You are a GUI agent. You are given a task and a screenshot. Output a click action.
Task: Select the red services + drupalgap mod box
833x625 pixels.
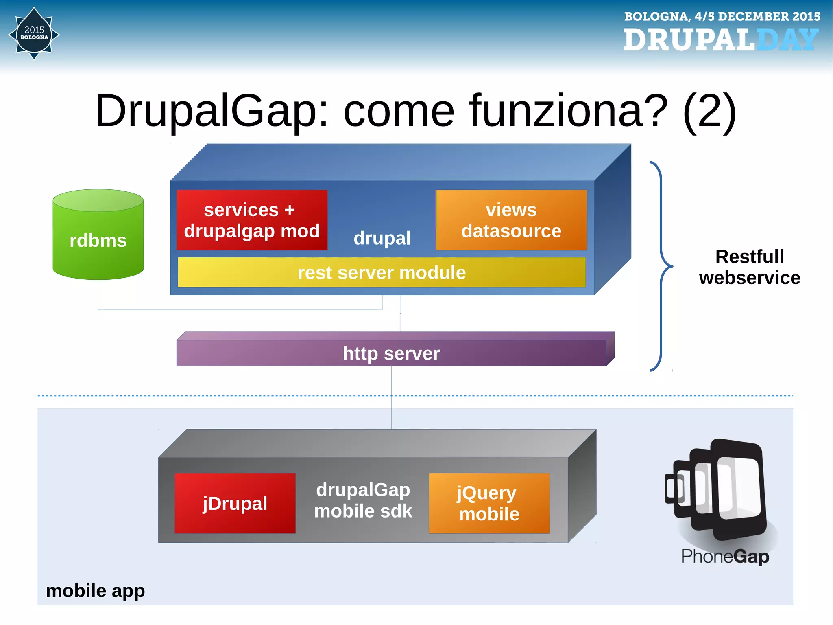pyautogui.click(x=252, y=220)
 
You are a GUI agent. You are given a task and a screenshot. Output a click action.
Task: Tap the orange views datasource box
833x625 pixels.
pyautogui.click(x=511, y=220)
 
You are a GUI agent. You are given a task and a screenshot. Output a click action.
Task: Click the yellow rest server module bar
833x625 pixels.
pyautogui.click(x=382, y=272)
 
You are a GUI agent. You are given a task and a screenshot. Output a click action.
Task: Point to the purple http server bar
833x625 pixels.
pyautogui.click(x=391, y=353)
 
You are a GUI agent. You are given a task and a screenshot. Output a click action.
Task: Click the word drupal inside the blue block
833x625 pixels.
pyautogui.click(x=382, y=238)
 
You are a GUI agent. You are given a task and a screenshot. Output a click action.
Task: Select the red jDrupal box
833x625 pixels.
pyautogui.click(x=235, y=503)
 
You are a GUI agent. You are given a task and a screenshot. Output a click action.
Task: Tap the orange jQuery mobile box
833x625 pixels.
pyautogui.click(x=489, y=503)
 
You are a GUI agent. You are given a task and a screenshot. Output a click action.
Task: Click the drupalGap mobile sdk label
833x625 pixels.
pyautogui.click(x=363, y=500)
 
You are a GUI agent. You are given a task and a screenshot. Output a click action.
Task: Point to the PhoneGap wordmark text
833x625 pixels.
pyautogui.click(x=725, y=556)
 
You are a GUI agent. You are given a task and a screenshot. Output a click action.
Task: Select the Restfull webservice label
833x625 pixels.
pyautogui.click(x=749, y=267)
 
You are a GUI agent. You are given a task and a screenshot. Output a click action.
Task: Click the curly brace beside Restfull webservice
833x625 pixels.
pyautogui.click(x=661, y=266)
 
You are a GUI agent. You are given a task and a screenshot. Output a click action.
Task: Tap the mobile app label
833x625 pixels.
pyautogui.click(x=95, y=590)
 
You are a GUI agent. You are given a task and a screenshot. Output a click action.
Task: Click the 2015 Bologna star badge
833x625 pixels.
pyautogui.click(x=34, y=34)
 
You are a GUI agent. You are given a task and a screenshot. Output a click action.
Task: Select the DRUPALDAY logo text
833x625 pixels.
pyautogui.click(x=721, y=40)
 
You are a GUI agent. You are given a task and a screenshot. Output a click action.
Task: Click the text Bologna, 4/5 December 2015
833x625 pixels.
pyautogui.click(x=722, y=16)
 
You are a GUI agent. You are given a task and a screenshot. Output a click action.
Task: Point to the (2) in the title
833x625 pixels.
pyautogui.click(x=709, y=111)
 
